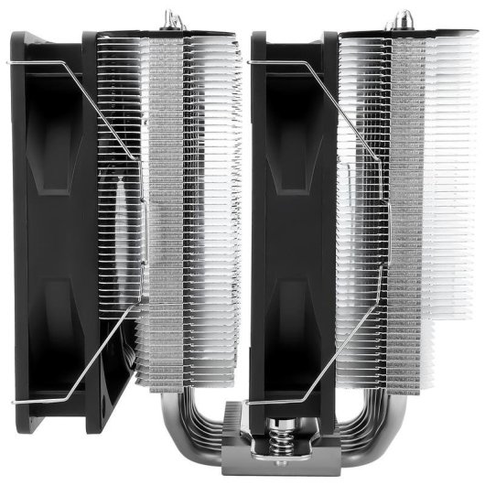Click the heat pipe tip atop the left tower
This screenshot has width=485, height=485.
(169, 17)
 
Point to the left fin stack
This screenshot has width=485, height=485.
(188, 210)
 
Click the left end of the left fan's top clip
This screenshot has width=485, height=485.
(8, 63)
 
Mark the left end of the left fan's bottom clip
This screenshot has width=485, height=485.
(13, 401)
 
